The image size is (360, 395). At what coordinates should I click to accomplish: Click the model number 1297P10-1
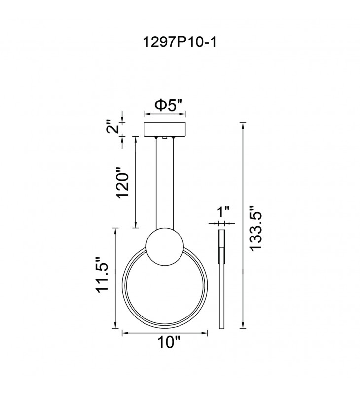click(x=180, y=42)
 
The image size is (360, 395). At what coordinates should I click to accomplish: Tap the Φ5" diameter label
click(x=169, y=105)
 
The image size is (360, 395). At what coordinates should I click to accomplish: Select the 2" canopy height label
click(x=112, y=127)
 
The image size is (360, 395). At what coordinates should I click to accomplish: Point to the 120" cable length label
click(x=123, y=182)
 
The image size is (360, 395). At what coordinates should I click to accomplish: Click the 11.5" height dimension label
click(x=102, y=275)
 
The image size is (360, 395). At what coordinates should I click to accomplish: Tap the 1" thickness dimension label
click(x=223, y=212)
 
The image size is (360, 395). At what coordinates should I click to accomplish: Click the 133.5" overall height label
click(x=256, y=229)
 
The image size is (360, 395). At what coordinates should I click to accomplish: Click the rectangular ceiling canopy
click(x=165, y=129)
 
